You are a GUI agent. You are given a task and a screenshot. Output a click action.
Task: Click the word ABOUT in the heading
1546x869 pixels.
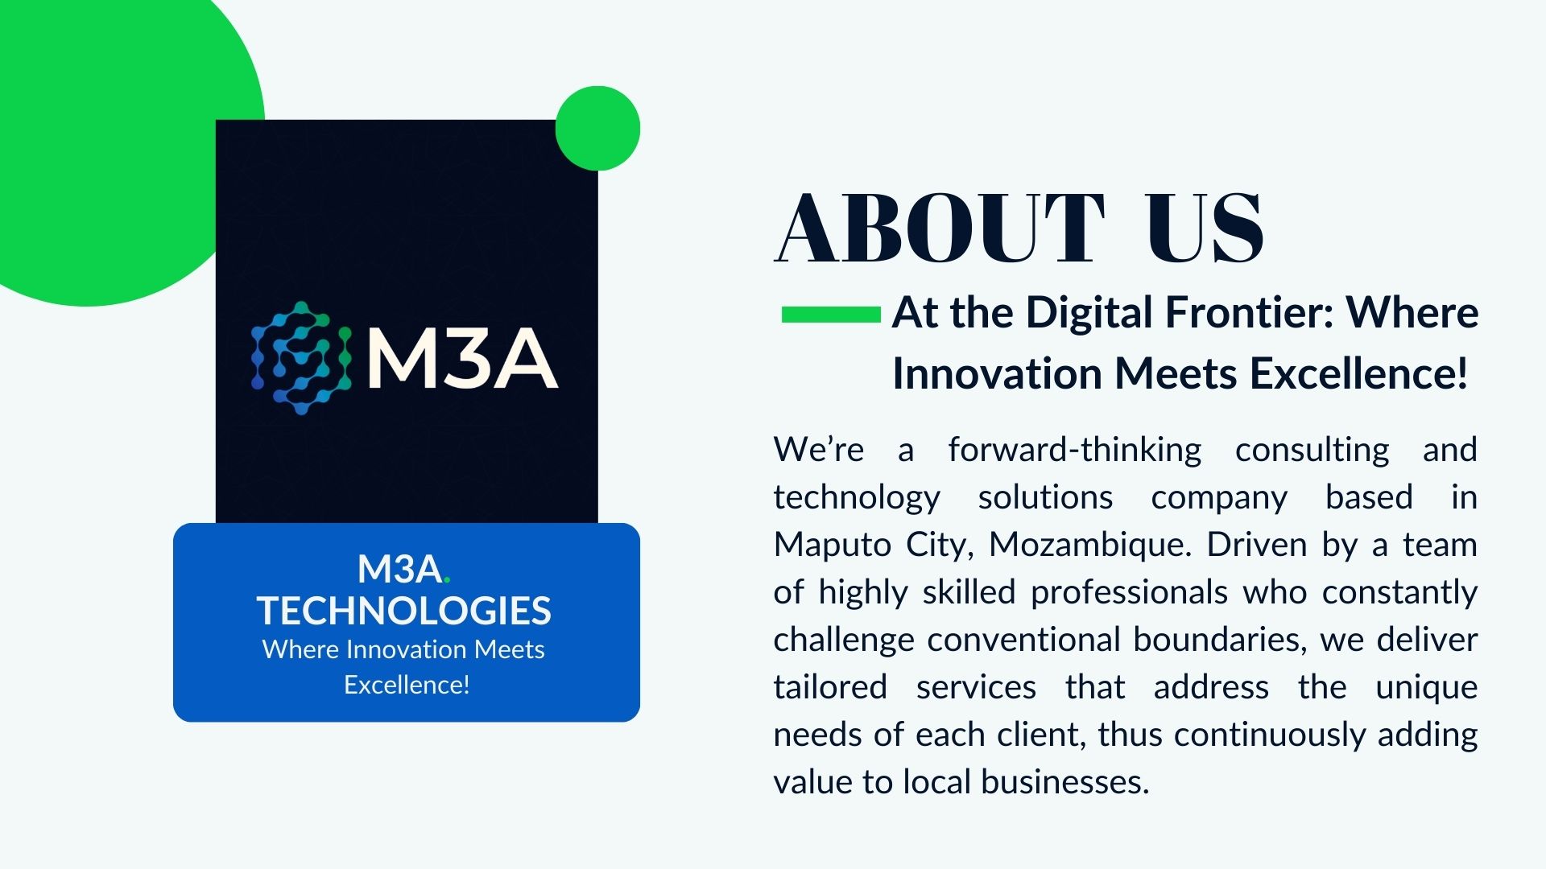pyautogui.click(x=940, y=229)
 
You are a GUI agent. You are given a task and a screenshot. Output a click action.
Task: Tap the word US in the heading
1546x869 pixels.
pyautogui.click(x=1205, y=229)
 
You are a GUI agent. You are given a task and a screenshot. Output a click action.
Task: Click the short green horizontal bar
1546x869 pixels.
pyautogui.click(x=831, y=314)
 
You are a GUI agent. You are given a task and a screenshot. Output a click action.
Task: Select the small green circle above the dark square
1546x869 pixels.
pyautogui.click(x=597, y=128)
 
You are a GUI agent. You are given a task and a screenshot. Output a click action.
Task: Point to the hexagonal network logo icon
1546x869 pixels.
pyautogui.click(x=301, y=358)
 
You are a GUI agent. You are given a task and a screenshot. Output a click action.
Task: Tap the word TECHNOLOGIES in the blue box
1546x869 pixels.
pyautogui.click(x=404, y=611)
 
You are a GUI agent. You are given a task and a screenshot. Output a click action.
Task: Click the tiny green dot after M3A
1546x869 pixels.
pyautogui.click(x=447, y=579)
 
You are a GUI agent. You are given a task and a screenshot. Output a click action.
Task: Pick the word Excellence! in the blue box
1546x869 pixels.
pyautogui.click(x=407, y=685)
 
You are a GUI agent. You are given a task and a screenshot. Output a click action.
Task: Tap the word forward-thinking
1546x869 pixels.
pyautogui.click(x=1075, y=450)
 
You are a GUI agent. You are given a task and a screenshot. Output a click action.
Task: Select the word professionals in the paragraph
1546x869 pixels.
pyautogui.click(x=1129, y=592)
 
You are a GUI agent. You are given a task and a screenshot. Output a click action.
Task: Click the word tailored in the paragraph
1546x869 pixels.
pyautogui.click(x=830, y=687)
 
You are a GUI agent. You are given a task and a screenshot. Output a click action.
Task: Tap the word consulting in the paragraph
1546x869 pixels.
pyautogui.click(x=1312, y=450)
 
